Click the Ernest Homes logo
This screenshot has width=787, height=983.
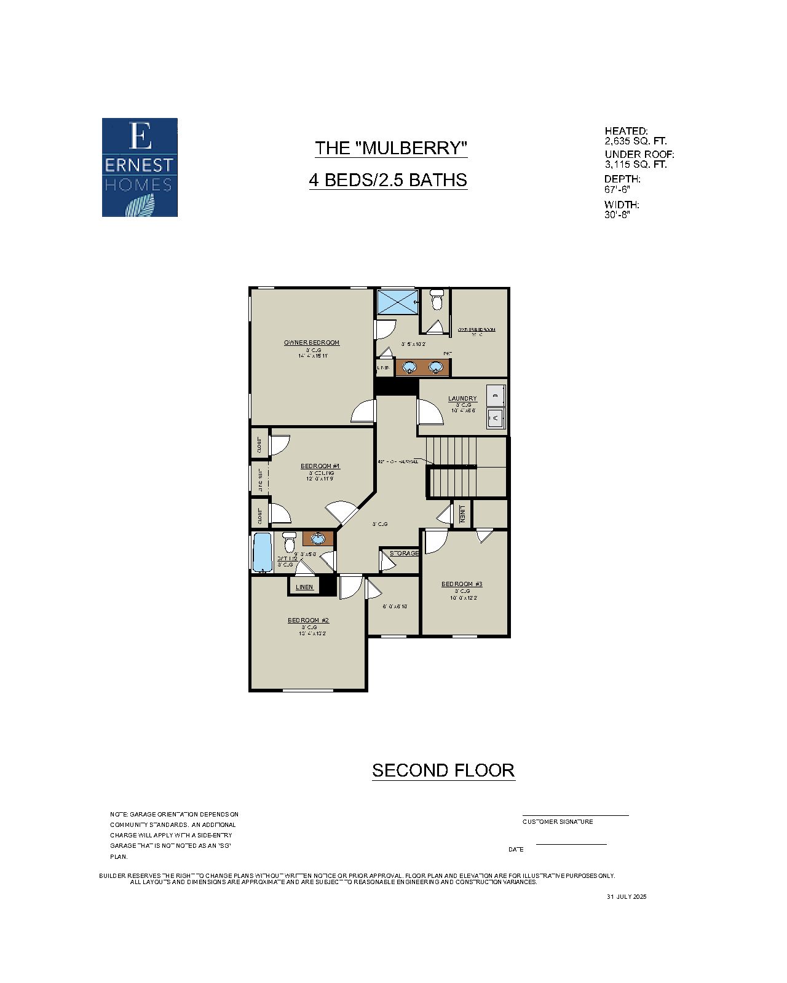pos(140,167)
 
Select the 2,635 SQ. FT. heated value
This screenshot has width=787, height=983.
pos(635,141)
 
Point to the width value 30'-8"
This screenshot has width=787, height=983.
pos(617,215)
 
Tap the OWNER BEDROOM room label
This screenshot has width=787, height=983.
pos(311,343)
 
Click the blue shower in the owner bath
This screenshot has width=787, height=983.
pos(397,302)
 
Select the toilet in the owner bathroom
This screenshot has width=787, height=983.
pos(437,300)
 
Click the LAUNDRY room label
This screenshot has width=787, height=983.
pos(462,399)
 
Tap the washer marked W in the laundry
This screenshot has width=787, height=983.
pos(496,418)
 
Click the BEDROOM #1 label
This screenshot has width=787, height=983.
pos(320,466)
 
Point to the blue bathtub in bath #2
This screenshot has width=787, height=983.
pos(262,552)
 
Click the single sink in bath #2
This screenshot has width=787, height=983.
pos(318,539)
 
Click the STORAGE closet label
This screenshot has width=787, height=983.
pos(404,554)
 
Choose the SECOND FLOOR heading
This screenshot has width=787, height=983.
pos(443,770)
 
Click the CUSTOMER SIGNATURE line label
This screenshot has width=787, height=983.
pos(558,822)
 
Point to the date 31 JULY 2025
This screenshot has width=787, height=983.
pos(627,897)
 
